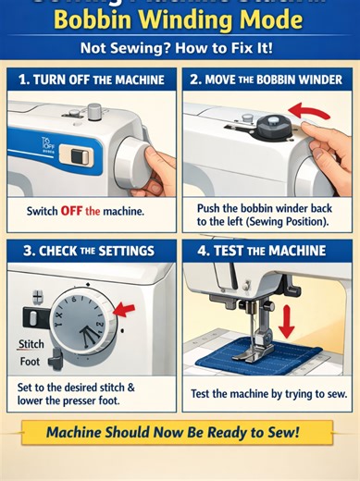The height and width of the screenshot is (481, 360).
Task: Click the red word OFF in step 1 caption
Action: tap(72, 212)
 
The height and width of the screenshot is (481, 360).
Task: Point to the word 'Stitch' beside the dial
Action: tap(31, 344)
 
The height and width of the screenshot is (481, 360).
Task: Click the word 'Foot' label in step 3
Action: tap(30, 362)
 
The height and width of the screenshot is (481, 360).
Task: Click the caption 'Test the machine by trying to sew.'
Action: tap(267, 393)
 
